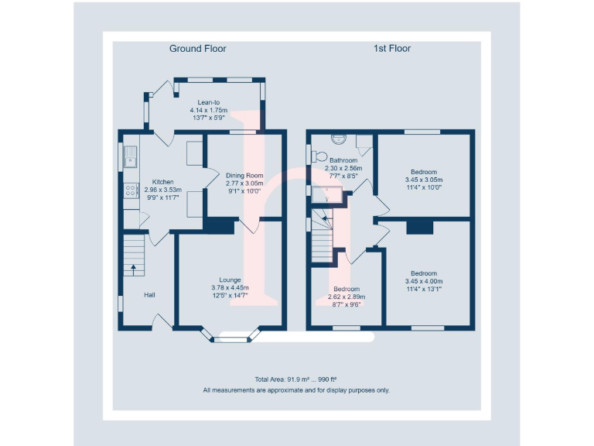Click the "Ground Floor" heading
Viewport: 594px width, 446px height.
(198, 49)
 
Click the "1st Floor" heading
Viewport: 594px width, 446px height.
(392, 49)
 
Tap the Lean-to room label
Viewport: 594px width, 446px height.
(209, 102)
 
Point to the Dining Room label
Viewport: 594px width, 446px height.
(244, 176)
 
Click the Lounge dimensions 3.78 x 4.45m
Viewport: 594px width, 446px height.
(230, 288)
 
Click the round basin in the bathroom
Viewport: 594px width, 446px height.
(338, 138)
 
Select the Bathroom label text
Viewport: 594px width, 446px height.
(343, 160)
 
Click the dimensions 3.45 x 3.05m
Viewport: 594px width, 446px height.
(424, 180)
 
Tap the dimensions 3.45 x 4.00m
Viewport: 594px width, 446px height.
(424, 281)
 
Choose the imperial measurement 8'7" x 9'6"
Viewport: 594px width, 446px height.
(346, 304)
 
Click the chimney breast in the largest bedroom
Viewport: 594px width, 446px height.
(421, 226)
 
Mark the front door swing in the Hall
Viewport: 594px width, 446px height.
(162, 321)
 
